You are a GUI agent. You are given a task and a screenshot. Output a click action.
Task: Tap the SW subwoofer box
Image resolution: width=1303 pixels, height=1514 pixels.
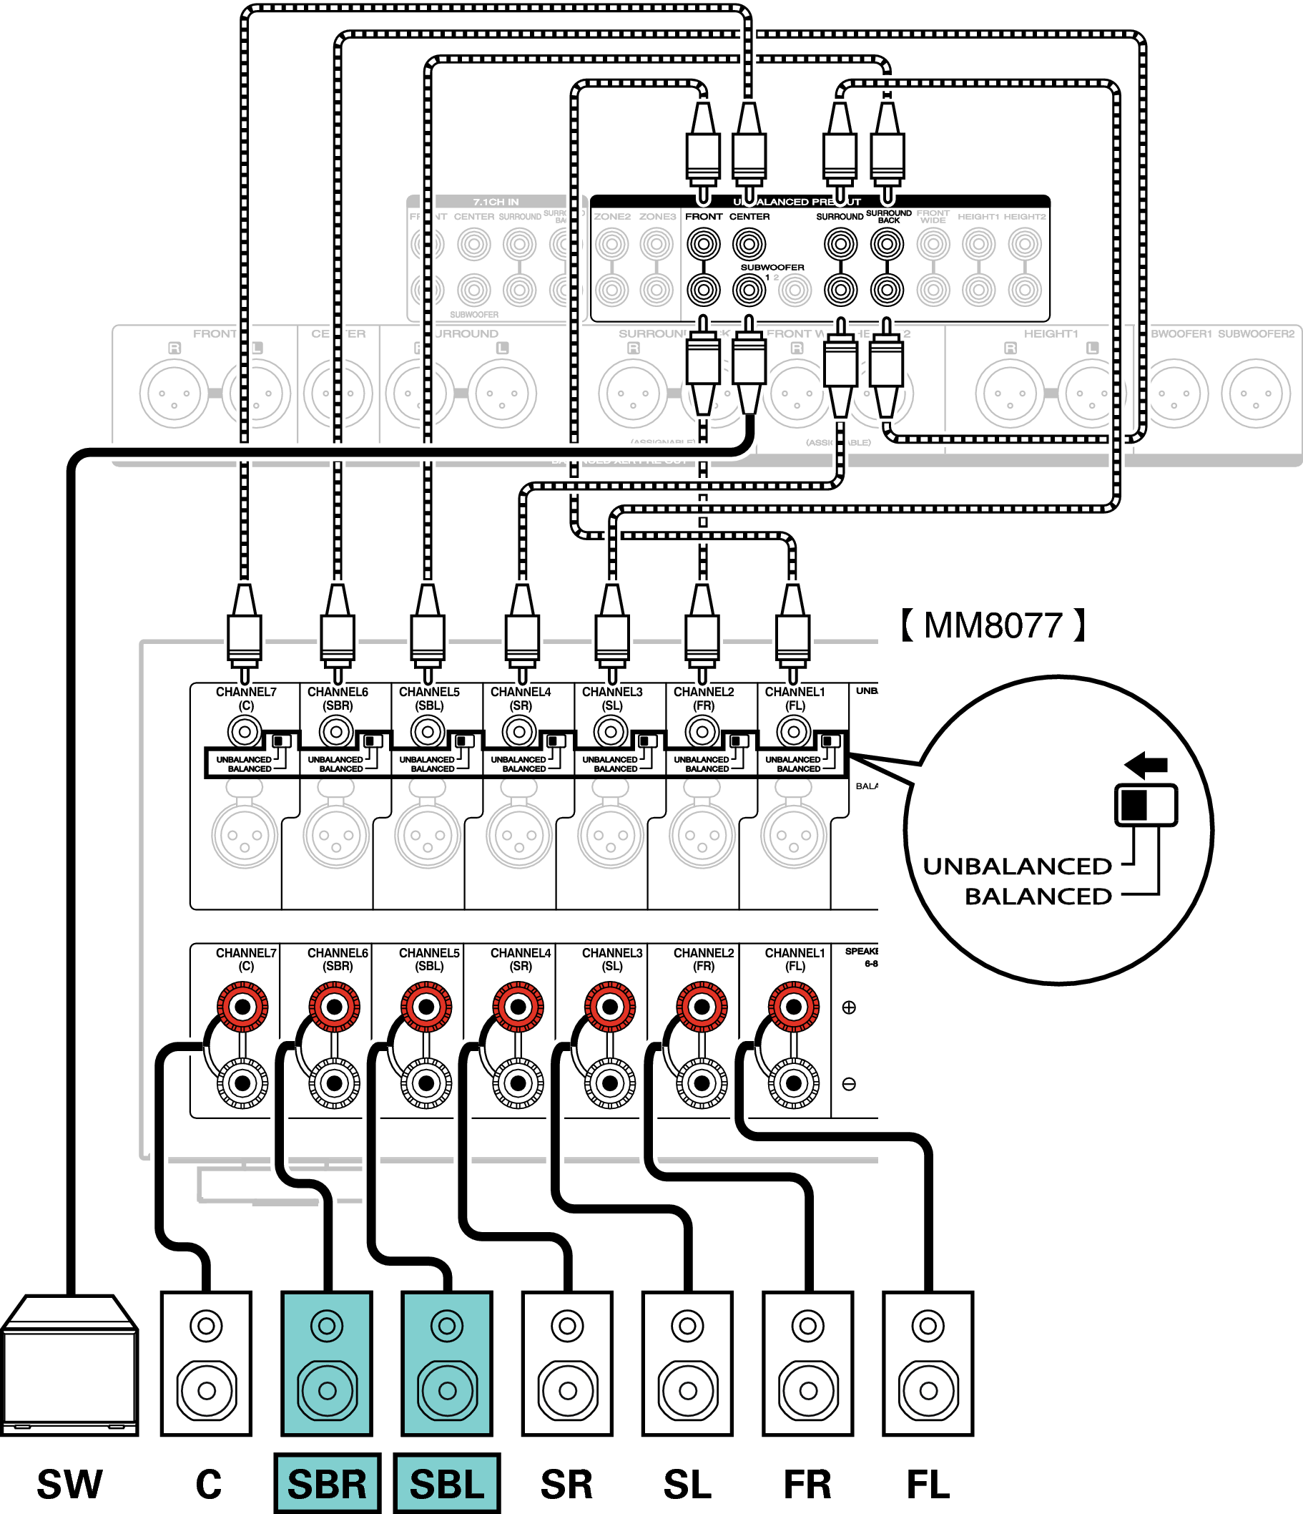[69, 1366]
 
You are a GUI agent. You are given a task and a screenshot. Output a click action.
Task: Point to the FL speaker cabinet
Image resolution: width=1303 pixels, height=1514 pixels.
[928, 1364]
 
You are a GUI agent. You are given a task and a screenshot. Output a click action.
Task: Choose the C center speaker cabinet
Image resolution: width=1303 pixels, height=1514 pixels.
[206, 1364]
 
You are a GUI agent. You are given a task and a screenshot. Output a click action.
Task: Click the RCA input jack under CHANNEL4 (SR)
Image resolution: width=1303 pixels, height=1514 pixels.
[519, 731]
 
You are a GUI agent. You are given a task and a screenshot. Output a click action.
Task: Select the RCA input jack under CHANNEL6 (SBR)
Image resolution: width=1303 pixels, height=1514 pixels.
[336, 731]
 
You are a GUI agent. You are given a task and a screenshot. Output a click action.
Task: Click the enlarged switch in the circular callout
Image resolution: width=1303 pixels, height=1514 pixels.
[1145, 805]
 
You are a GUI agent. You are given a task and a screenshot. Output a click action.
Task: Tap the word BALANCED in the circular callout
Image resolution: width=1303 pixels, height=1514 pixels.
[1038, 897]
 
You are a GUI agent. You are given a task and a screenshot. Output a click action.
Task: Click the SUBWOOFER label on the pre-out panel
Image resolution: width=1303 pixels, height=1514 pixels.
[772, 268]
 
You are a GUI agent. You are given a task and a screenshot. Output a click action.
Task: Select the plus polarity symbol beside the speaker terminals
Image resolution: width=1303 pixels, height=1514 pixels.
[849, 1007]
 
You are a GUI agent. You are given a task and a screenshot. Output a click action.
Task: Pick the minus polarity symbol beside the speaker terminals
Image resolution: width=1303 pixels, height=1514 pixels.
[849, 1083]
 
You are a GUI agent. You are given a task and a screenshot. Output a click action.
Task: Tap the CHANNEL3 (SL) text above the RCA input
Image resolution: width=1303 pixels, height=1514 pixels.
[612, 698]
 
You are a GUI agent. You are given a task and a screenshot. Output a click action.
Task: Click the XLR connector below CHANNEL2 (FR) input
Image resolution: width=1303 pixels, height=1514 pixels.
[702, 835]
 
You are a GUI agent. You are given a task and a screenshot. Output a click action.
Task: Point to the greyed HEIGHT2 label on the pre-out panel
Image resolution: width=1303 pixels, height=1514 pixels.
[1025, 217]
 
